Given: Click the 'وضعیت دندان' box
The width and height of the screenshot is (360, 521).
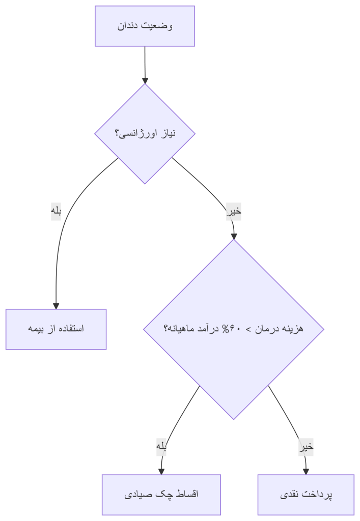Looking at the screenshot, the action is click(x=145, y=26).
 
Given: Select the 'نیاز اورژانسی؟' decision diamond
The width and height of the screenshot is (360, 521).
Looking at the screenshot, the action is click(x=145, y=134).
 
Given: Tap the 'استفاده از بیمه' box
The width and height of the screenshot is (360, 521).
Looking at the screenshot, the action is click(x=56, y=329).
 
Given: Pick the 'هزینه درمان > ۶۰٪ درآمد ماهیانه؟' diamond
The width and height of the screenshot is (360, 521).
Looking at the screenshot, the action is click(x=234, y=329).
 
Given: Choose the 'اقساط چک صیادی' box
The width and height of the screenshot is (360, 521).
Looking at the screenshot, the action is click(x=161, y=495).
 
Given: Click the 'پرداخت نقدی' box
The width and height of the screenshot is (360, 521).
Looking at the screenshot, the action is click(x=306, y=495).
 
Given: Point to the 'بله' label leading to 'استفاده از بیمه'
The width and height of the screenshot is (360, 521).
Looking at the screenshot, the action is click(x=56, y=211).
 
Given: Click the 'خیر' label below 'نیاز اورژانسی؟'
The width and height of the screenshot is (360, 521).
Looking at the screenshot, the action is click(x=234, y=211).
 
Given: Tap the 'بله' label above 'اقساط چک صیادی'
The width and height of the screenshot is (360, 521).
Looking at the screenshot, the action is click(x=161, y=447).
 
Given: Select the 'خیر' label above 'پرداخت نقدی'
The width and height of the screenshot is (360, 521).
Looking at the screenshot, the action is click(x=306, y=447).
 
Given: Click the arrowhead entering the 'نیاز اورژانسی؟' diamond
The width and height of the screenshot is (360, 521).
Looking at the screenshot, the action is click(x=145, y=81).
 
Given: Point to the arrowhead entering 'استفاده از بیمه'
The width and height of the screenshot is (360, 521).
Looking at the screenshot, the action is click(x=56, y=306).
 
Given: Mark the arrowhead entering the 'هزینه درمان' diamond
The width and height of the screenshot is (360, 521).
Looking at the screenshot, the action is click(x=234, y=236).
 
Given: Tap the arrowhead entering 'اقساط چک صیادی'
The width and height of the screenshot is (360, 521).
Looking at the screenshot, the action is click(x=161, y=472).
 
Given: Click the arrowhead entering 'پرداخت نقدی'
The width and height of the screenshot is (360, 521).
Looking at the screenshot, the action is click(x=306, y=472).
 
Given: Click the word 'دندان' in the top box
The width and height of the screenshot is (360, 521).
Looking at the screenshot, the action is click(x=127, y=26).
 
